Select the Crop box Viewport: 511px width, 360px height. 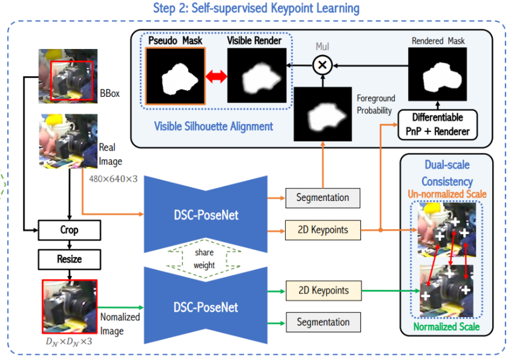coord(68,230)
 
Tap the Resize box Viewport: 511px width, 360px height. coord(68,259)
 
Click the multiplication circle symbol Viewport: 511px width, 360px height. coord(322,64)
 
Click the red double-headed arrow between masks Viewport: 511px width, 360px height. coord(216,77)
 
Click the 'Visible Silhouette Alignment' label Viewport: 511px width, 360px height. coord(213,126)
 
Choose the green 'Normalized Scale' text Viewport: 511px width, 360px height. coord(447,327)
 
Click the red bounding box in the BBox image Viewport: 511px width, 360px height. coord(71,80)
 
